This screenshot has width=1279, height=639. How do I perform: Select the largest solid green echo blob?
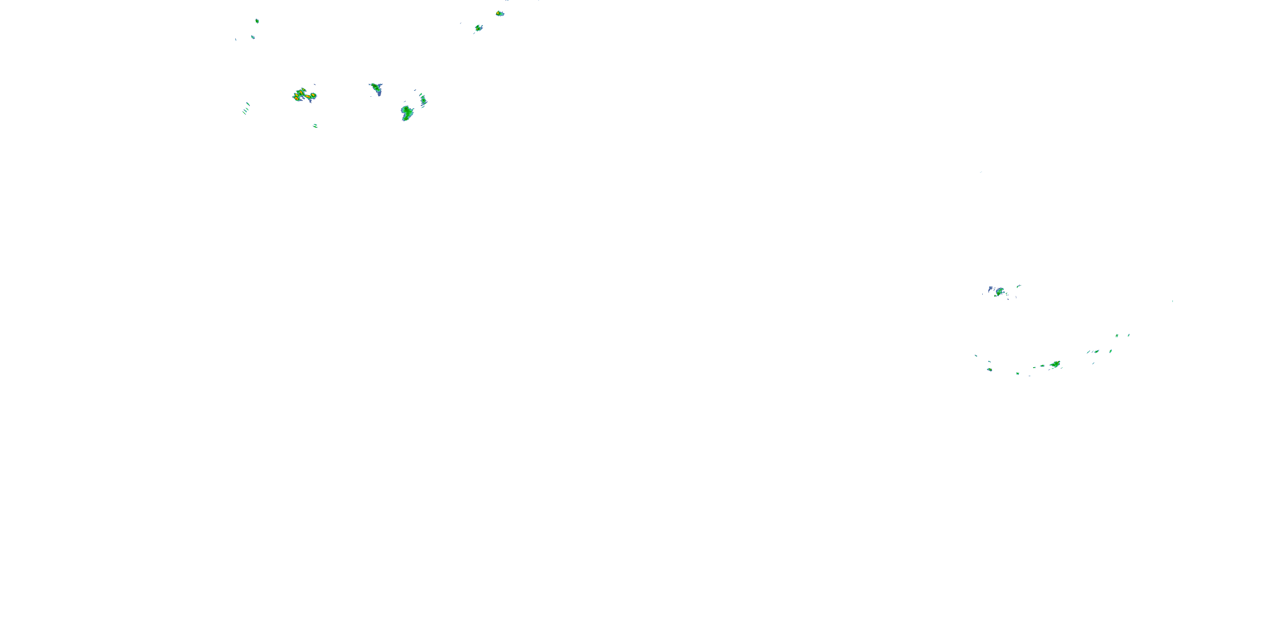pyautogui.click(x=407, y=112)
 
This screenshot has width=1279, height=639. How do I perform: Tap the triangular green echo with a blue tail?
pyautogui.click(x=376, y=88)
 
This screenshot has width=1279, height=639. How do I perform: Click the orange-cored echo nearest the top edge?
pyautogui.click(x=500, y=13)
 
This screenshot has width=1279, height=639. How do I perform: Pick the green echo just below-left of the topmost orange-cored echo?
pyautogui.click(x=478, y=28)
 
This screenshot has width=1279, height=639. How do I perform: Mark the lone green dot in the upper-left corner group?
pyautogui.click(x=257, y=21)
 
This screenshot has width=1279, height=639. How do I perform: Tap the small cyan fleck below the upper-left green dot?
pyautogui.click(x=253, y=37)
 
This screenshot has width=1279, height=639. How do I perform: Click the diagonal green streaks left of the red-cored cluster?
pyautogui.click(x=246, y=108)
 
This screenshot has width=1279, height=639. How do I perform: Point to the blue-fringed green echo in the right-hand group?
pyautogui.click(x=999, y=292)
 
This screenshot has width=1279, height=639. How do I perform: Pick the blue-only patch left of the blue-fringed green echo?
pyautogui.click(x=990, y=288)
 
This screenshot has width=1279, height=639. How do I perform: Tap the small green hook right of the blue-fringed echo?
pyautogui.click(x=1019, y=286)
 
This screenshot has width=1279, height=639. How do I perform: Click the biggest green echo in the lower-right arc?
pyautogui.click(x=1056, y=365)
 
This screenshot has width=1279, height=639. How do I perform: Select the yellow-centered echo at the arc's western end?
pyautogui.click(x=990, y=369)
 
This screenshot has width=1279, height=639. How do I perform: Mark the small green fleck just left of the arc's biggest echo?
pyautogui.click(x=1042, y=366)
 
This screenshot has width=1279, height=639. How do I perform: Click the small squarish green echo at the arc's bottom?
pyautogui.click(x=1018, y=373)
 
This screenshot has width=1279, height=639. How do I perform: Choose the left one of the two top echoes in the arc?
pyautogui.click(x=1117, y=336)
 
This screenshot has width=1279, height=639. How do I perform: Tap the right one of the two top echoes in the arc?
pyautogui.click(x=1129, y=335)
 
